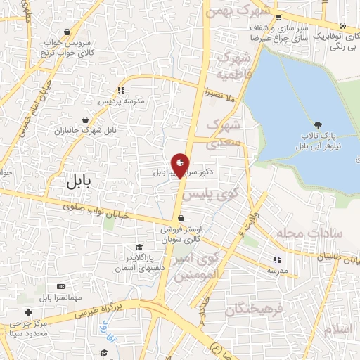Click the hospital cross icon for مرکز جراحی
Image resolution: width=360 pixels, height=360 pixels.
pyautogui.click(x=28, y=312)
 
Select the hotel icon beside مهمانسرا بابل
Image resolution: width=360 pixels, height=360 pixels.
pyautogui.click(x=60, y=287)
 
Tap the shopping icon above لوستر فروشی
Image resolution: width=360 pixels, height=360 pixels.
pyautogui.click(x=181, y=218)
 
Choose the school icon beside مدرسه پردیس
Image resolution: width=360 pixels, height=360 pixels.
pyautogui.click(x=121, y=90)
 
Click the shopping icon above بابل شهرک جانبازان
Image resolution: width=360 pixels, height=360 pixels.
pyautogui.click(x=86, y=120)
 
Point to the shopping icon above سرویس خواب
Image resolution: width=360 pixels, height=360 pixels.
pyautogui.click(x=67, y=32)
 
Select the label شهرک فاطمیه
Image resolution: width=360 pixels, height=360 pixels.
pyautogui.click(x=231, y=64)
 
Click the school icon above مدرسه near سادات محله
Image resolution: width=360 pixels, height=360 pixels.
pyautogui.click(x=276, y=259)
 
